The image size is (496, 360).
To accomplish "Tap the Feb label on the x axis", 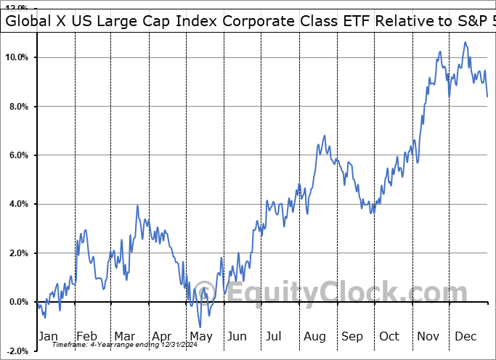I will tap(86, 337).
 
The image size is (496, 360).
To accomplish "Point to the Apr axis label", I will tap(161, 337).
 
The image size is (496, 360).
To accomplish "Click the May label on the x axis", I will tap(200, 337).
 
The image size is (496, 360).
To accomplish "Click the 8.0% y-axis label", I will tap(18, 107).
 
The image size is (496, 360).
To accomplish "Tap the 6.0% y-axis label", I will tap(18, 155).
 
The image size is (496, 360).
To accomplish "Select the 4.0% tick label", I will tap(18, 204).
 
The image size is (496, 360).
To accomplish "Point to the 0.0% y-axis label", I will tap(18, 302).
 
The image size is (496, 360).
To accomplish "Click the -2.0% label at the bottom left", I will tap(17, 351).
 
